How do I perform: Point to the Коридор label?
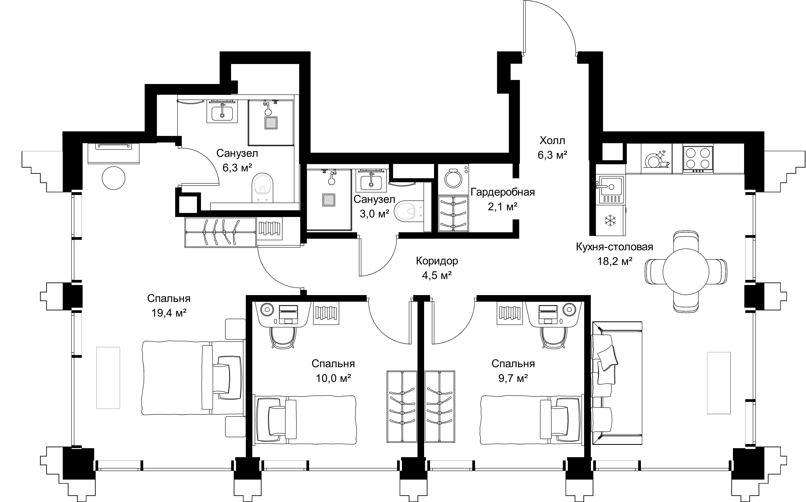[x=437, y=261]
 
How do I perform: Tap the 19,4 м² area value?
[x=169, y=313]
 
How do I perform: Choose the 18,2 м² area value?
[x=615, y=262]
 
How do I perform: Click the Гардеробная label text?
[x=503, y=192]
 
